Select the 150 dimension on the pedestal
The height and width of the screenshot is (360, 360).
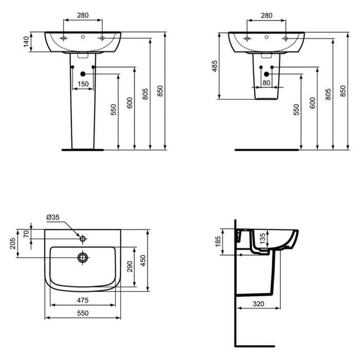click(x=82, y=84)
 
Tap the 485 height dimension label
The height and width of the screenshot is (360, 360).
click(x=215, y=66)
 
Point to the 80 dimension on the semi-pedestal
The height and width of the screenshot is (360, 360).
click(x=266, y=83)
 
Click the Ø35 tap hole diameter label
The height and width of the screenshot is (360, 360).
click(x=53, y=218)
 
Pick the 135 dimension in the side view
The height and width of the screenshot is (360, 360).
click(x=262, y=238)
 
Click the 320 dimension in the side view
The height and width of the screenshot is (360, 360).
click(x=258, y=304)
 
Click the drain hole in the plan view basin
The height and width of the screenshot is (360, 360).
click(x=82, y=257)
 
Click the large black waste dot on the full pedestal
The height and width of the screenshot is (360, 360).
click(x=83, y=75)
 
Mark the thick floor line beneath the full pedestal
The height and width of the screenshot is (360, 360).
click(x=82, y=150)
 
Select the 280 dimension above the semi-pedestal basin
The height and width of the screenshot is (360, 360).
click(x=266, y=15)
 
